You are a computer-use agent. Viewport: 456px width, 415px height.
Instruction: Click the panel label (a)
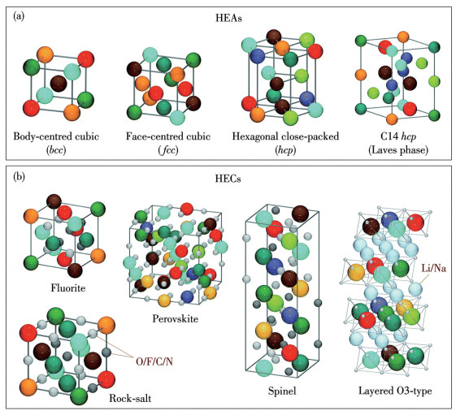point(19,16)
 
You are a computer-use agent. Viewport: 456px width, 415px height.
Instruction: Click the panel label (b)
point(19,176)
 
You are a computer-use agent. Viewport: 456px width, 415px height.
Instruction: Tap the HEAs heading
point(228,18)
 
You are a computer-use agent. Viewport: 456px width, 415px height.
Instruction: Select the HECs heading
point(228,179)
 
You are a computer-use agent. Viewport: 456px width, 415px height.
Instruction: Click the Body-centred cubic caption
point(56,136)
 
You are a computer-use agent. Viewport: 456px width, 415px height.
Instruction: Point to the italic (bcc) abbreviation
point(56,149)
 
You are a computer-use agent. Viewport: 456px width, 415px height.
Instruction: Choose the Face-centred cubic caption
point(168,136)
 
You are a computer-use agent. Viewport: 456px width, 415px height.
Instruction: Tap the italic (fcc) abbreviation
point(168,149)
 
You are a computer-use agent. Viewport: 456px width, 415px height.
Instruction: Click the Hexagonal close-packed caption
point(285,136)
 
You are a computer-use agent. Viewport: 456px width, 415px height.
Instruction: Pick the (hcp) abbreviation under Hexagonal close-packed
point(285,149)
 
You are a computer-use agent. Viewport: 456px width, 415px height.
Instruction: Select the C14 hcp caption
point(398,136)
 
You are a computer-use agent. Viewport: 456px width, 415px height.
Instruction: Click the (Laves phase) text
point(398,149)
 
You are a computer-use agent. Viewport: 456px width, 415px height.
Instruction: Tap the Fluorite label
point(68,287)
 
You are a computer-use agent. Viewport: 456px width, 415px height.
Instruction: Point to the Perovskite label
point(175,319)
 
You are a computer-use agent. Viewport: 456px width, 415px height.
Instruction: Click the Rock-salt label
point(130,398)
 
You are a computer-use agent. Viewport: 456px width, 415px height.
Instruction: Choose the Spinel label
point(282,391)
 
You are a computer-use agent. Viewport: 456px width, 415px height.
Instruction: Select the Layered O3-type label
point(395,391)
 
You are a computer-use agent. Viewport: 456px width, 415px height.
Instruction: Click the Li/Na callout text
point(433,268)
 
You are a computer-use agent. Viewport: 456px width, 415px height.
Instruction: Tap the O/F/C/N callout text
point(154,361)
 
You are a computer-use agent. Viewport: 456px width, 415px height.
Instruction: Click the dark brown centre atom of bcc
point(59,84)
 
